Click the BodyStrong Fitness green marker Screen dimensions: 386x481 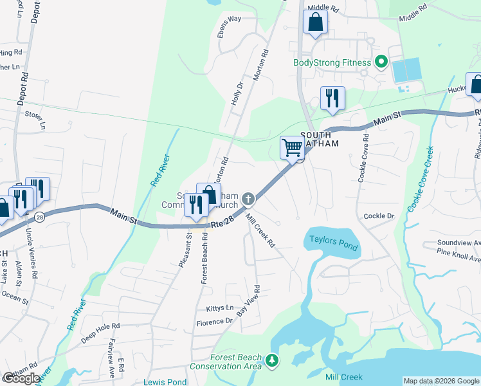pos(381,62)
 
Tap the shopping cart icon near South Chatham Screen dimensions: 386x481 pos(292,147)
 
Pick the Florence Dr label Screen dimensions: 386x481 pos(215,322)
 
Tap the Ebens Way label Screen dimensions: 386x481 pos(229,19)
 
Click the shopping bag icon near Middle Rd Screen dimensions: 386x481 pos(315,22)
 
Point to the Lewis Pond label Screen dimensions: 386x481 pos(165,381)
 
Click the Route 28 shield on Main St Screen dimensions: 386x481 pos(40,217)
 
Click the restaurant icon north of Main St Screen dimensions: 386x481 pos(332,98)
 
